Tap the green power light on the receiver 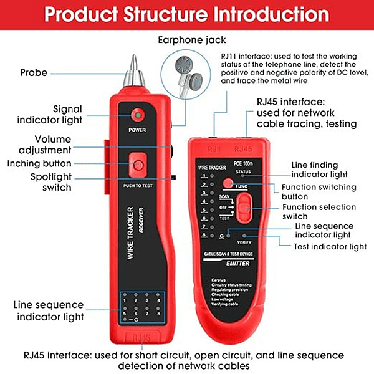coord(137,115)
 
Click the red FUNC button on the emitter coord(228,184)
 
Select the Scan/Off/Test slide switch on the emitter coord(246,205)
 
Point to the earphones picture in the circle coord(187,72)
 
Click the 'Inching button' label coord(49,163)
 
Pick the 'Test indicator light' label coord(330,247)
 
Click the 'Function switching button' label coord(328,193)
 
